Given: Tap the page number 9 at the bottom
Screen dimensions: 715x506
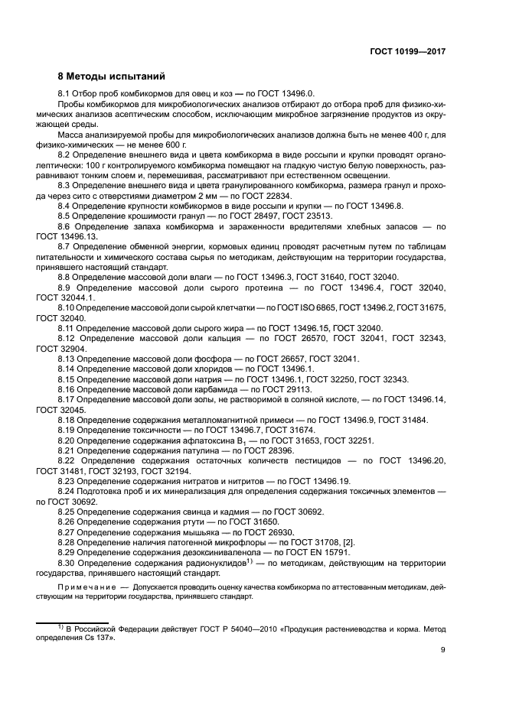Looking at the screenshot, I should point(443,650).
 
